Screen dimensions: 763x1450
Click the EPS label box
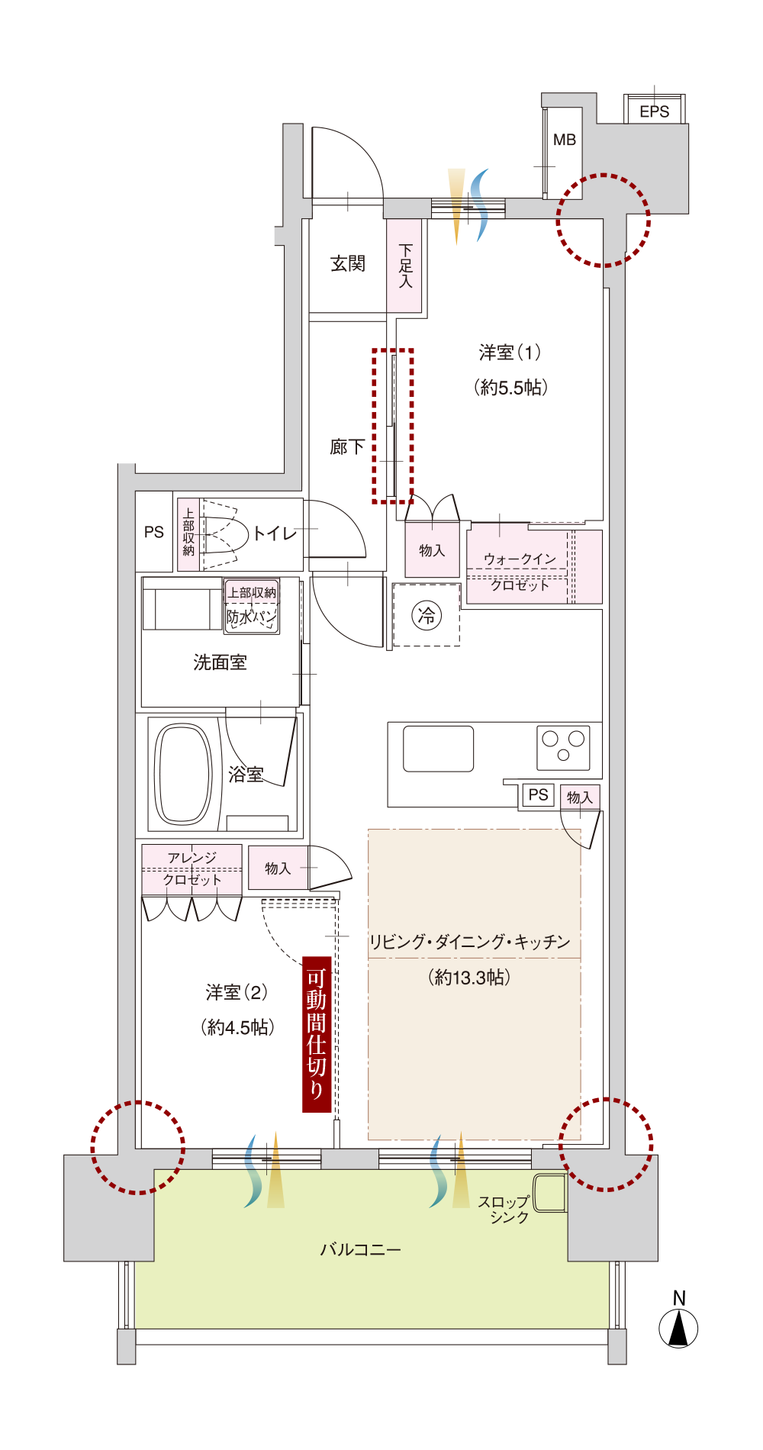[x=655, y=111]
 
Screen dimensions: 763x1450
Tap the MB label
[x=565, y=140]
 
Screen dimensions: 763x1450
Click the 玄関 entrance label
[x=348, y=264]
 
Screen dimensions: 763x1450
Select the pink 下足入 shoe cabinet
[x=404, y=266]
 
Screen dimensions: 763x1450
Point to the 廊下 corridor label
[x=348, y=446]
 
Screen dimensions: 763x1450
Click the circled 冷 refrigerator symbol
[x=427, y=615]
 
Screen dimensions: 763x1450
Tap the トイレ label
[x=275, y=533]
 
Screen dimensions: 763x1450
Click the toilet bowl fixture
[x=226, y=534]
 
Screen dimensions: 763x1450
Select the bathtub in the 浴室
[x=183, y=774]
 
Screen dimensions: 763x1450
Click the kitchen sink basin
[x=439, y=749]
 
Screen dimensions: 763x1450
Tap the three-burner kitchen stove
[x=563, y=746]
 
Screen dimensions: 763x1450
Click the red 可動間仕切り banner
[x=317, y=1034]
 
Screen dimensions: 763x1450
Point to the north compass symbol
[x=678, y=1326]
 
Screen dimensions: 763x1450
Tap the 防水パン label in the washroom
[x=252, y=617]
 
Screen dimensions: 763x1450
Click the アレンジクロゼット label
[x=192, y=868]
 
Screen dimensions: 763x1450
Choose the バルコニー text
[x=360, y=1249]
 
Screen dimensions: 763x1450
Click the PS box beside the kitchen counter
[x=539, y=794]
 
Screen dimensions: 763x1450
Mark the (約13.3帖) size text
[x=469, y=977]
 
